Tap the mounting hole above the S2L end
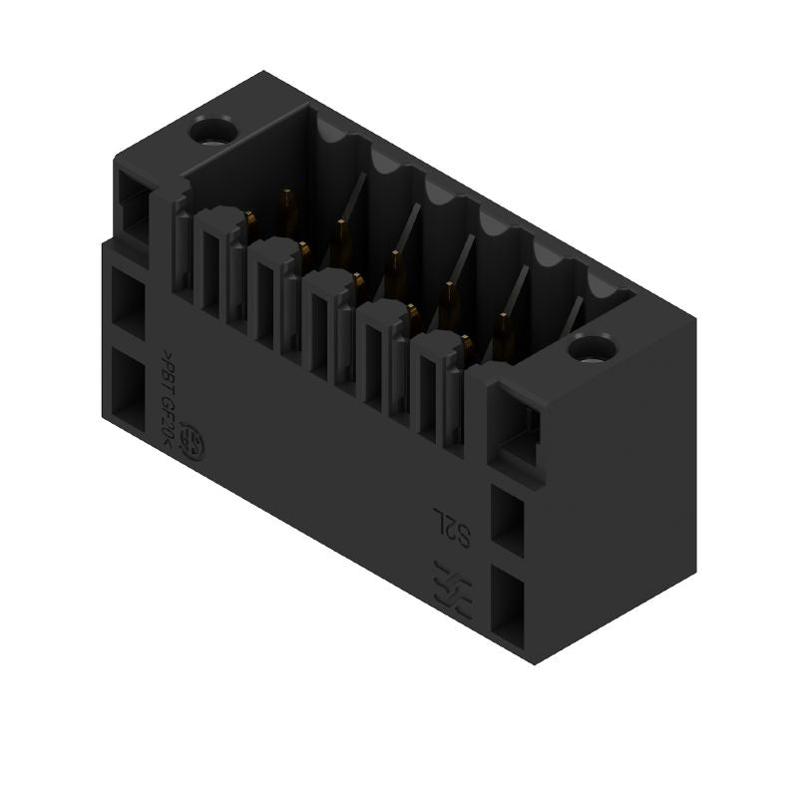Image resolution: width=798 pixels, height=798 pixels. point(590,350)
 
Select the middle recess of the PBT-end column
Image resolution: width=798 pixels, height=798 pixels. point(131,300)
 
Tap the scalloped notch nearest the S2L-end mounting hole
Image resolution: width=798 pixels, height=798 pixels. point(602,283)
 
